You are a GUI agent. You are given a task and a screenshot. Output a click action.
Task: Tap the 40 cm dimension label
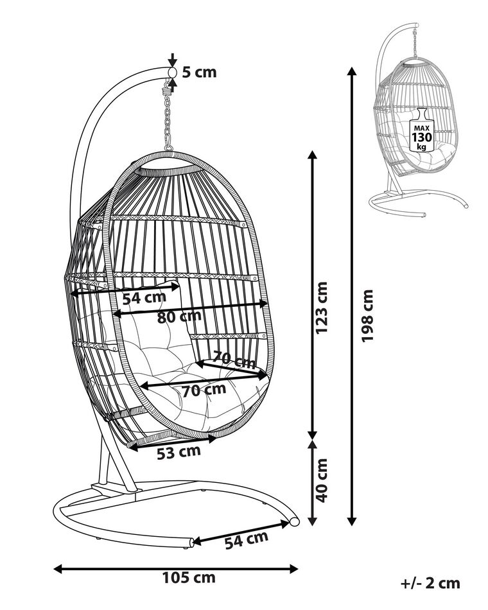322,479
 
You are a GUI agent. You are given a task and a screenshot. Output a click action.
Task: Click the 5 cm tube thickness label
198,72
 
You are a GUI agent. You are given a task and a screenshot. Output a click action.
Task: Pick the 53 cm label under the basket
179,452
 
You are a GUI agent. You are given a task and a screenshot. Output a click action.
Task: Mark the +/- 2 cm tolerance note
431,583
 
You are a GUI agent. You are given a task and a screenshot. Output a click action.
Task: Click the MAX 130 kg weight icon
421,131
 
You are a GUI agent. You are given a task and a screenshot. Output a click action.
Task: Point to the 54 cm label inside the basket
144,297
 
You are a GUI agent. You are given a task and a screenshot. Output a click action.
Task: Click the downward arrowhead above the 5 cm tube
172,60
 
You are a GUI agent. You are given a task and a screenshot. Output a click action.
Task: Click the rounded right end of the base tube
294,522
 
